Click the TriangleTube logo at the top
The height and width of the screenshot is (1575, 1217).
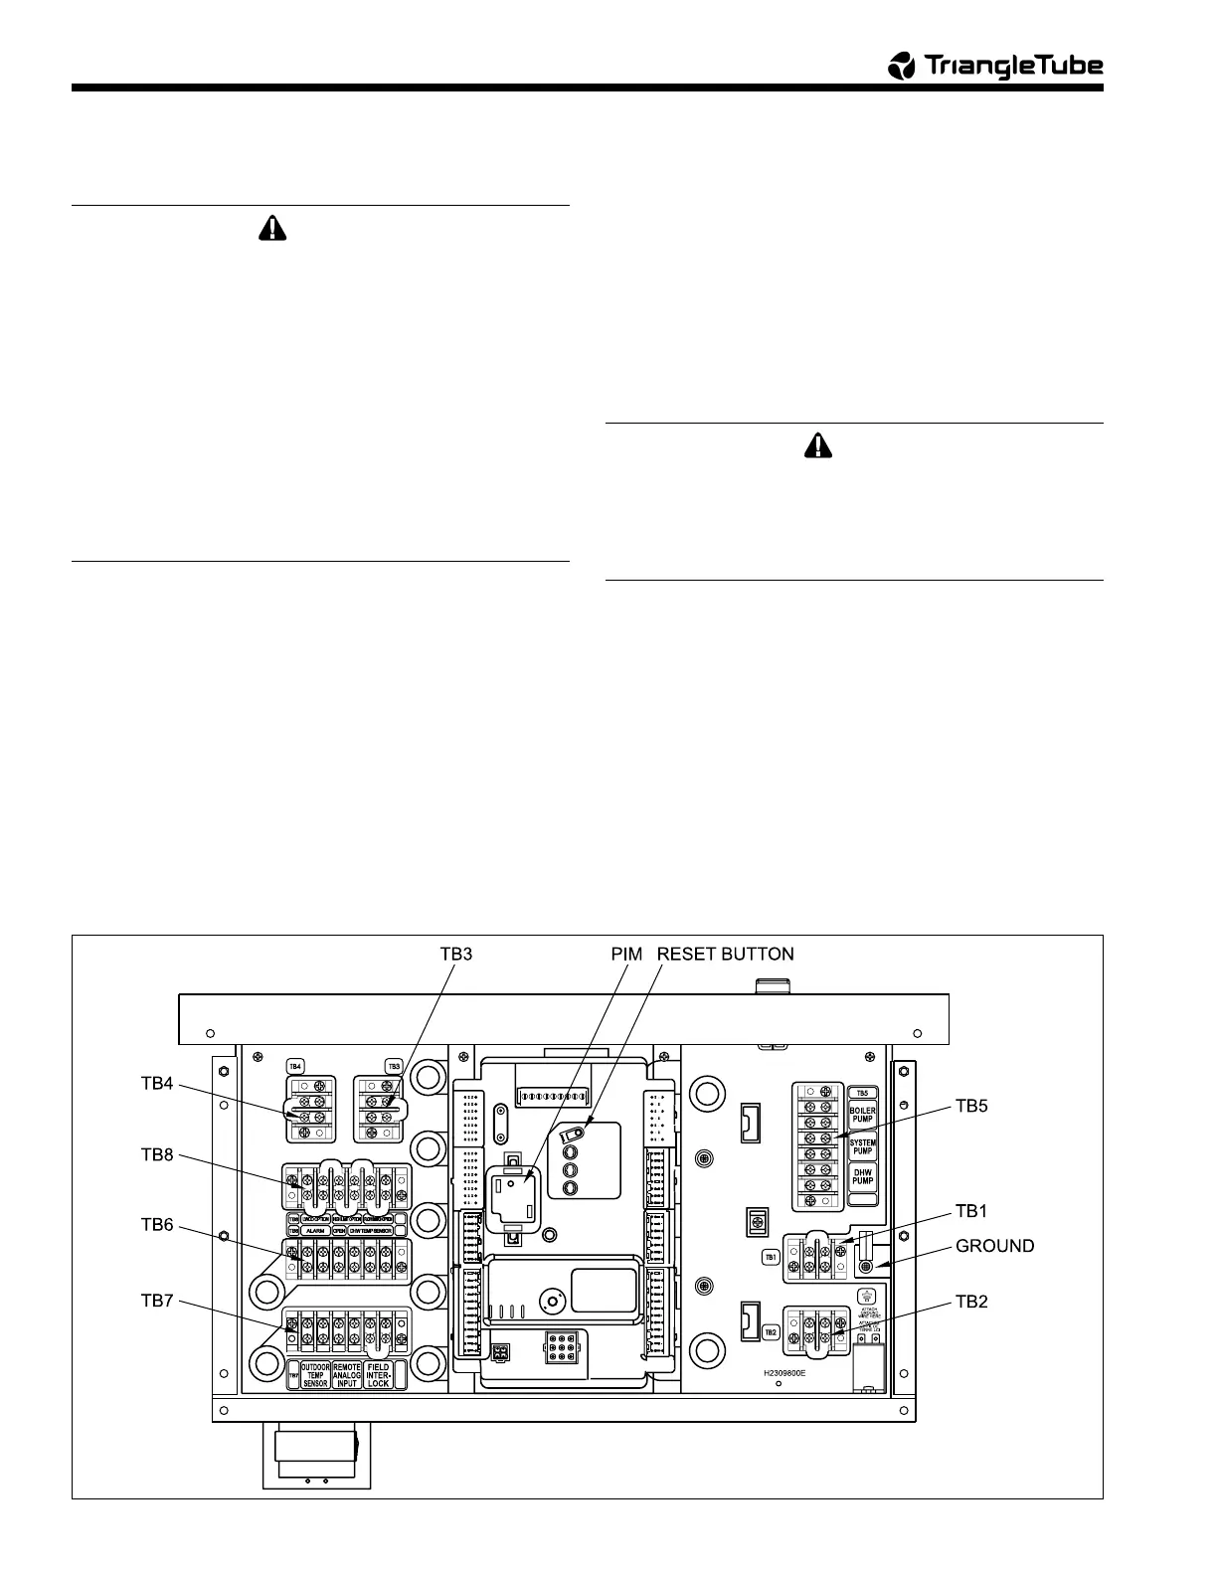click(995, 67)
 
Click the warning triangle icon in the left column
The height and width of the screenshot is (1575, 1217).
click(270, 230)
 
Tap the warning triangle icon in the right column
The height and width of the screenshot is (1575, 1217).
click(817, 447)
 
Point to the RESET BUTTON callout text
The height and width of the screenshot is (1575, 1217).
click(726, 955)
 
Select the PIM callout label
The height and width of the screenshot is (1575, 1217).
click(628, 955)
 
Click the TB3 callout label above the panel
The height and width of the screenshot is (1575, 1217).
click(456, 955)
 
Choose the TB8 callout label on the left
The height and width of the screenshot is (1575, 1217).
click(157, 1155)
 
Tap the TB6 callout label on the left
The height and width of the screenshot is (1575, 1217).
click(157, 1225)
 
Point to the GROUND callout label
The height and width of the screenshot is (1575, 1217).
click(994, 1246)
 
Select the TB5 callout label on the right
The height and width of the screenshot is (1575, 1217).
click(971, 1105)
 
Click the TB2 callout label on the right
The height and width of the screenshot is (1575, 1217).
click(971, 1302)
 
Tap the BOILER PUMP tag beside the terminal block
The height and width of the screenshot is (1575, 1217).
click(862, 1116)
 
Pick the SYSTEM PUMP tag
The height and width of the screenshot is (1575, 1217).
click(862, 1146)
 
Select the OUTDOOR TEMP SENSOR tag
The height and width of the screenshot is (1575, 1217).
click(315, 1375)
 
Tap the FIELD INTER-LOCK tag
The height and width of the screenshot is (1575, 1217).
click(378, 1375)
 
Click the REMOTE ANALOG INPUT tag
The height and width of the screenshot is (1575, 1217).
click(347, 1375)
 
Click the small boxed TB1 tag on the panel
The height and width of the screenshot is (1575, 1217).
click(770, 1257)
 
